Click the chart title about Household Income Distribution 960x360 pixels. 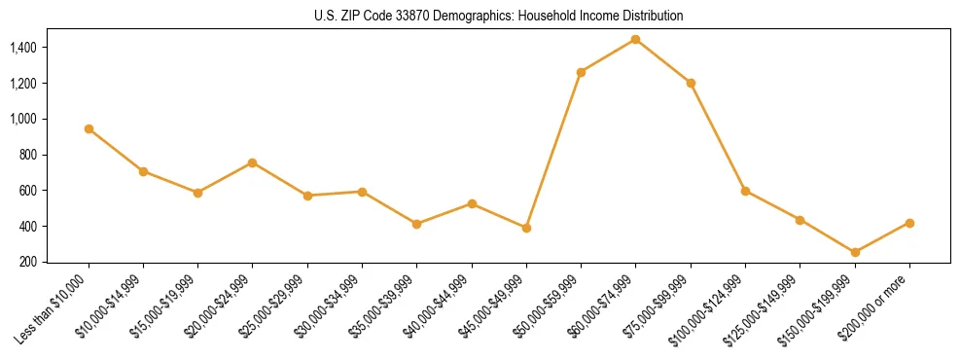(498, 16)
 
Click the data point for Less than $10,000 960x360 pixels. (89, 128)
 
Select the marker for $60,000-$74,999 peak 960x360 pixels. (635, 39)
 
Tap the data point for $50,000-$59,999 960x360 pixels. (581, 72)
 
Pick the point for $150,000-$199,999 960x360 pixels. (855, 252)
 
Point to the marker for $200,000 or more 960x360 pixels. (909, 223)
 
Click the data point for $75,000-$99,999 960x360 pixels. (691, 83)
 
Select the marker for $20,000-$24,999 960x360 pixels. (253, 162)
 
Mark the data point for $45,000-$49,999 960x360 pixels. (526, 228)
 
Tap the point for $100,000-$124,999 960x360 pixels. (745, 191)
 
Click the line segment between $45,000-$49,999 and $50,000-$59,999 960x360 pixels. (553, 150)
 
